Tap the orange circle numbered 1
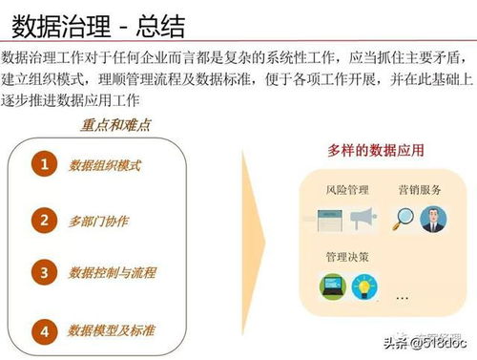[44, 165]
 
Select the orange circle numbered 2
[44, 221]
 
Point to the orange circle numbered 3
[44, 273]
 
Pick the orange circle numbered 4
[44, 330]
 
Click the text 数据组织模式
[105, 165]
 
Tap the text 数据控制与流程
[112, 273]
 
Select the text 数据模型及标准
[112, 330]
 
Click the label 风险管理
[344, 190]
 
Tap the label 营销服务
[420, 190]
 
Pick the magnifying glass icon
[404, 219]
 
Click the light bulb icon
[367, 286]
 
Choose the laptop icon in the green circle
[331, 286]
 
